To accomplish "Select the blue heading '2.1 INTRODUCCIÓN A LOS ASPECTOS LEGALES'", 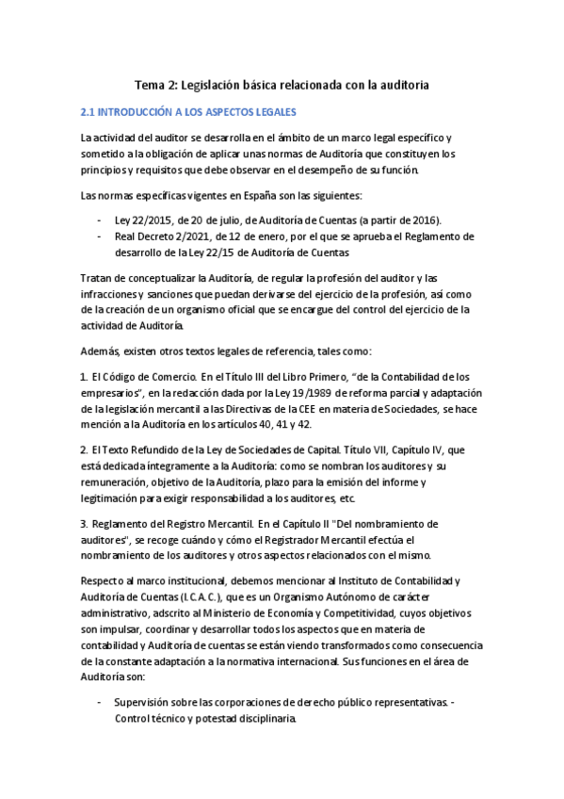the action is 188,111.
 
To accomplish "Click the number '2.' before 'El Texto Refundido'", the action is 84,449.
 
